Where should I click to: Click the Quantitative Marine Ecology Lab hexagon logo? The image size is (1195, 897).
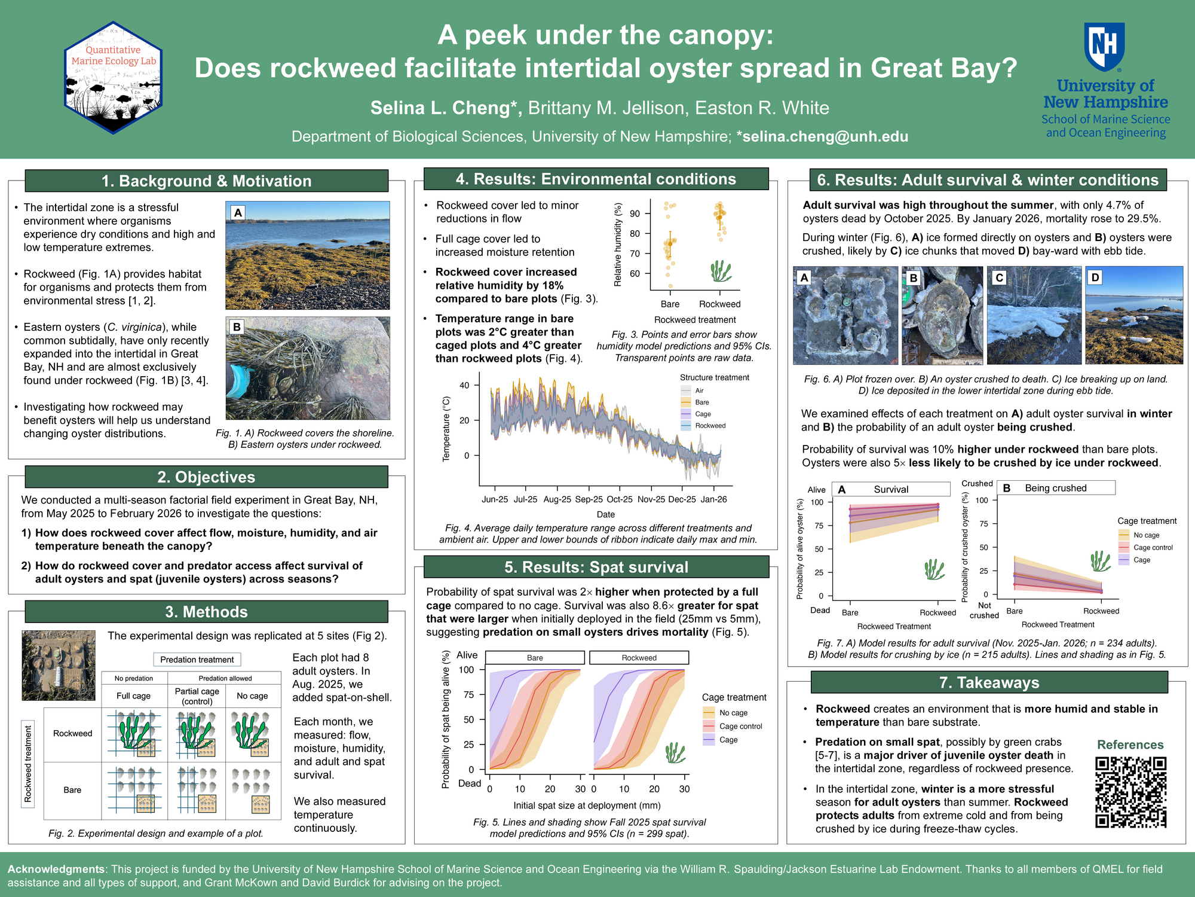pyautogui.click(x=113, y=78)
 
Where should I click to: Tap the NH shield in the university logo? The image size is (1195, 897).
pyautogui.click(x=1105, y=47)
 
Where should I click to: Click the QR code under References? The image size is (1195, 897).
pyautogui.click(x=1130, y=792)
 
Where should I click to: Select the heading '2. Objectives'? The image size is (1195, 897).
pyautogui.click(x=206, y=477)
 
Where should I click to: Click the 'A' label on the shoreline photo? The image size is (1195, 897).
pyautogui.click(x=238, y=212)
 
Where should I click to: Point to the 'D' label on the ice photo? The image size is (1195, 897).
pyautogui.click(x=1095, y=277)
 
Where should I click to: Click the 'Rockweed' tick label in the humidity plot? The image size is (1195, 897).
pyautogui.click(x=719, y=304)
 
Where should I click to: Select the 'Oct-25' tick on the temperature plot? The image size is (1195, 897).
pyautogui.click(x=620, y=499)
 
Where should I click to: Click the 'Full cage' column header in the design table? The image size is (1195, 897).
pyautogui.click(x=133, y=695)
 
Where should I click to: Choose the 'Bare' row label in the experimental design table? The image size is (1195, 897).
pyautogui.click(x=72, y=790)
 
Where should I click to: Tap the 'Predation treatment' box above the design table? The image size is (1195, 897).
pyautogui.click(x=197, y=660)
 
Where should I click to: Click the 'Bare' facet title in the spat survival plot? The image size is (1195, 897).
pyautogui.click(x=535, y=658)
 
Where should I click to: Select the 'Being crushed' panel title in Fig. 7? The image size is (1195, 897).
pyautogui.click(x=1056, y=488)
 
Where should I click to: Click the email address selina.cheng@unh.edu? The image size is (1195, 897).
pyautogui.click(x=823, y=136)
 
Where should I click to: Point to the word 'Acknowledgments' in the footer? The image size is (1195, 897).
pyautogui.click(x=56, y=869)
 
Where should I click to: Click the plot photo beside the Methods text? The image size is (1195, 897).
pyautogui.click(x=59, y=666)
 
